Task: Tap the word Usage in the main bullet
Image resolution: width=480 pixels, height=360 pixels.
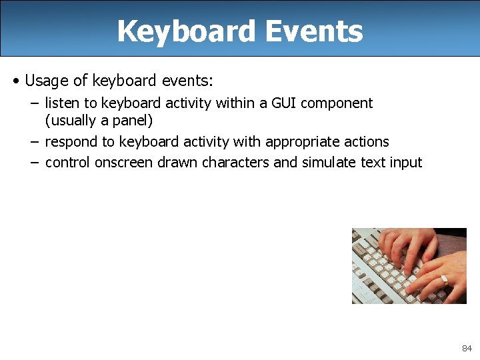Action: pos(47,81)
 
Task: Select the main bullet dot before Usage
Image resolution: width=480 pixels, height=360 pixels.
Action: pos(15,81)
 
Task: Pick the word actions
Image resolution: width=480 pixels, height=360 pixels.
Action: pos(367,142)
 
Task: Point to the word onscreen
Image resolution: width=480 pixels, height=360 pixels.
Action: pos(124,163)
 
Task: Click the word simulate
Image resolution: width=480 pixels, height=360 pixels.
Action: pos(329,163)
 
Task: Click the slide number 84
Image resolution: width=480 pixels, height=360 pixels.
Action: pos(467,349)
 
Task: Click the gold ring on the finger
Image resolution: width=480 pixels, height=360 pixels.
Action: pos(444,280)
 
